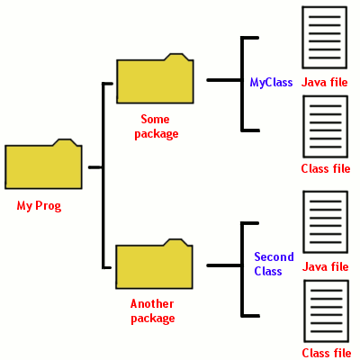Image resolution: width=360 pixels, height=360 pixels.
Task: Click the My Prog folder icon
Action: [43, 166]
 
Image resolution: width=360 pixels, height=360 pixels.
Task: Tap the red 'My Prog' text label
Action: [39, 206]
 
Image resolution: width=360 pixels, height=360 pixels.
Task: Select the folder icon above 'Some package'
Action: [155, 81]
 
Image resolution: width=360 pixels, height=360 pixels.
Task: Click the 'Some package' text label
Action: [159, 126]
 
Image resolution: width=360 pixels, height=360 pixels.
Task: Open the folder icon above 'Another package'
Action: [155, 265]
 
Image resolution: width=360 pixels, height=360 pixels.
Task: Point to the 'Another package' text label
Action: [152, 310]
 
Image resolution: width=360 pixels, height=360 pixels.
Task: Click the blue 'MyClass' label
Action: [271, 82]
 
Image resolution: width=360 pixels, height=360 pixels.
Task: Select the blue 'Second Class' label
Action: [274, 264]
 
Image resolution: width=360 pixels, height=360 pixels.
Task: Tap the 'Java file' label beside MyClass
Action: [325, 82]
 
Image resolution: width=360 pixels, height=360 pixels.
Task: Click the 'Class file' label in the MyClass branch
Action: [325, 168]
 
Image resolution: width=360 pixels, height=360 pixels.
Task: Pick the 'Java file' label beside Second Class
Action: [325, 266]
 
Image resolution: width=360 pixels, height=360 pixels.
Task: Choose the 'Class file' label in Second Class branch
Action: [326, 353]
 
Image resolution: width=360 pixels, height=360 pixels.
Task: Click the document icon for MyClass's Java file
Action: [325, 37]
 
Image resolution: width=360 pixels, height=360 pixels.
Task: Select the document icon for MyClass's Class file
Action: [325, 126]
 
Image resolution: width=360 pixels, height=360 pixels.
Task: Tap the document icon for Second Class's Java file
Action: [325, 221]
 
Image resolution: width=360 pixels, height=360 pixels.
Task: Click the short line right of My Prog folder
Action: [95, 166]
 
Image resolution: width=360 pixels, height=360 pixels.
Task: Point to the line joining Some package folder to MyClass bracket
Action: [223, 80]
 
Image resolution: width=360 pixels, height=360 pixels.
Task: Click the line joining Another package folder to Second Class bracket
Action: [223, 265]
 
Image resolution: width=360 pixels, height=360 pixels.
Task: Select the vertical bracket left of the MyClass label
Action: [242, 84]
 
